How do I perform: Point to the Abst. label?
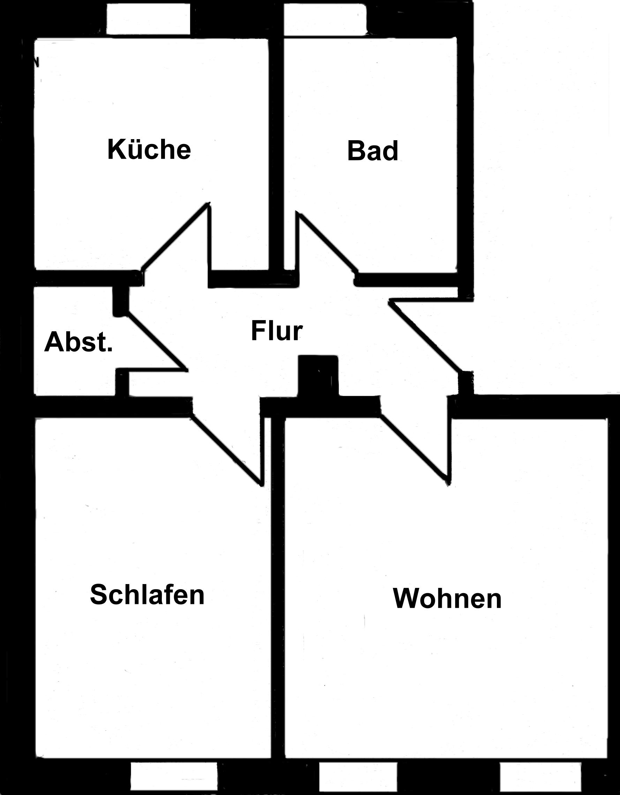[x=78, y=342]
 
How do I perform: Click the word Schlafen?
[x=147, y=595]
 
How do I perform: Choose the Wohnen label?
[x=447, y=599]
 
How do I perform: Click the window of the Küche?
[x=148, y=19]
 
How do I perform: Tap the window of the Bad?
[x=325, y=20]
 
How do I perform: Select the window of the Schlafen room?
[x=174, y=776]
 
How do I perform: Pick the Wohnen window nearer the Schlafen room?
[x=358, y=776]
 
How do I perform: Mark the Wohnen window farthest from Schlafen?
[x=540, y=776]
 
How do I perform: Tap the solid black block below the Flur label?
[x=318, y=375]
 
